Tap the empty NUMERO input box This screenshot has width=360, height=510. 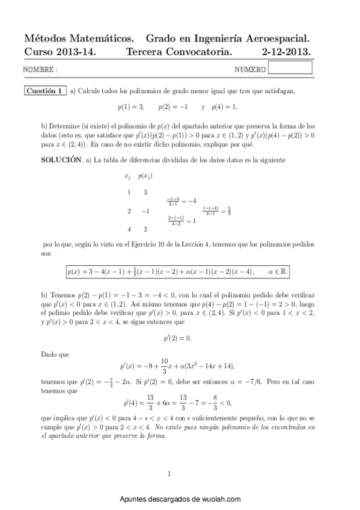(290, 69)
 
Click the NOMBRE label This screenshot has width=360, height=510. (40, 70)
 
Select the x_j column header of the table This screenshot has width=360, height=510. (127, 176)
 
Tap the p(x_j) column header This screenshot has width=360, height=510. (145, 176)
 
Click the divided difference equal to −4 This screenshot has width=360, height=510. (182, 201)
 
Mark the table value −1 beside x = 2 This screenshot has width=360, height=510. (145, 211)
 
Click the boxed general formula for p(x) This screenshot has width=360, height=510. (178, 271)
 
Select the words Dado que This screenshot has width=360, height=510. (52, 355)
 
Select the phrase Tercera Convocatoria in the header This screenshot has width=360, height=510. (178, 52)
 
